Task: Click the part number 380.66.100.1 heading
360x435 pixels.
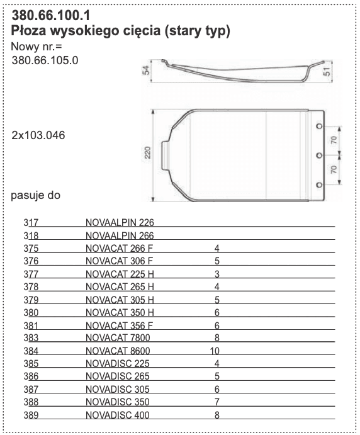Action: click(x=51, y=15)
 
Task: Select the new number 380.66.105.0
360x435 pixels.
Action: click(x=45, y=60)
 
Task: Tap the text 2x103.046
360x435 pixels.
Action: click(x=38, y=135)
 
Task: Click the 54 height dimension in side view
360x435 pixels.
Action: click(x=146, y=70)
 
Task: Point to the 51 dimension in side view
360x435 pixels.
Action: click(x=327, y=71)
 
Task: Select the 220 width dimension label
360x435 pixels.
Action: click(x=147, y=152)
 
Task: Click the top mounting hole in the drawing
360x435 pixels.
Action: click(x=319, y=127)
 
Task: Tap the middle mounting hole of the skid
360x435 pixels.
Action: click(x=319, y=155)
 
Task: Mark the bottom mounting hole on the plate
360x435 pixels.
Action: click(x=319, y=184)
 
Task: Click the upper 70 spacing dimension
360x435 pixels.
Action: click(x=334, y=140)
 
